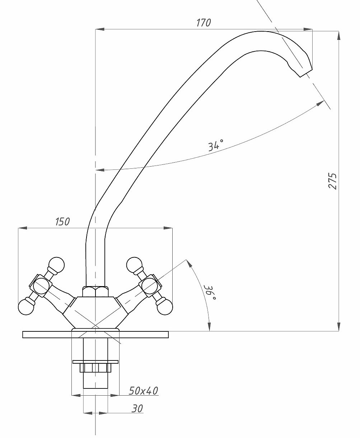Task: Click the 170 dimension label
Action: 204,23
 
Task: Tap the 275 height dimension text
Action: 333,181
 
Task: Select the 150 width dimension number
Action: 62,222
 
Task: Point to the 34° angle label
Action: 216,145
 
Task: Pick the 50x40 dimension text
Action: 144,391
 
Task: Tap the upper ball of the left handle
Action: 56,265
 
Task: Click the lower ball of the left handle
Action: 26,307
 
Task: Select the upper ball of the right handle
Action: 135,265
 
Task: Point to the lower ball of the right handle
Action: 165,307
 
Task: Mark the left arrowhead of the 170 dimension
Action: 100,29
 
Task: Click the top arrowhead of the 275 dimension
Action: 339,36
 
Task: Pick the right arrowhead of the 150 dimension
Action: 168,228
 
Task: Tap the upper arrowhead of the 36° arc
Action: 188,264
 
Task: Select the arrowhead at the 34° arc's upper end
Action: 320,103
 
